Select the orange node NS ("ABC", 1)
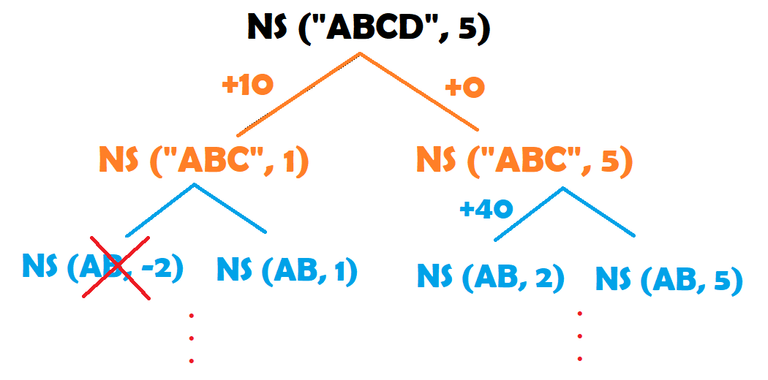pos(203,161)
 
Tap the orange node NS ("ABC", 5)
pos(524,161)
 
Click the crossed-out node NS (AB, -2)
pos(102,267)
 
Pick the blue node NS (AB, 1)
pos(287,271)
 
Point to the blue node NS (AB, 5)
pos(669,279)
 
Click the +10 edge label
pos(247,85)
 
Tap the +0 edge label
pos(465,88)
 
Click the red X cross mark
pos(120,267)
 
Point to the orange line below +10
pos(298,94)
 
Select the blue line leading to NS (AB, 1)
pos(230,209)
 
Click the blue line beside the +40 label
pos(529,214)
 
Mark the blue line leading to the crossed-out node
pos(159,210)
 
